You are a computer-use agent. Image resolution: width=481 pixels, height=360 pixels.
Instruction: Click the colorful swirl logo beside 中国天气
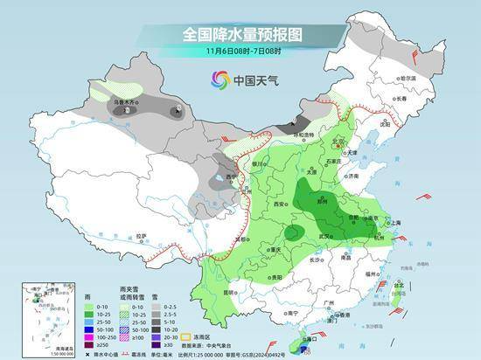pyautogui.click(x=216, y=80)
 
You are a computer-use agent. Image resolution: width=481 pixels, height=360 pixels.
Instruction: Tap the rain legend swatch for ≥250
pyautogui.click(x=88, y=344)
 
